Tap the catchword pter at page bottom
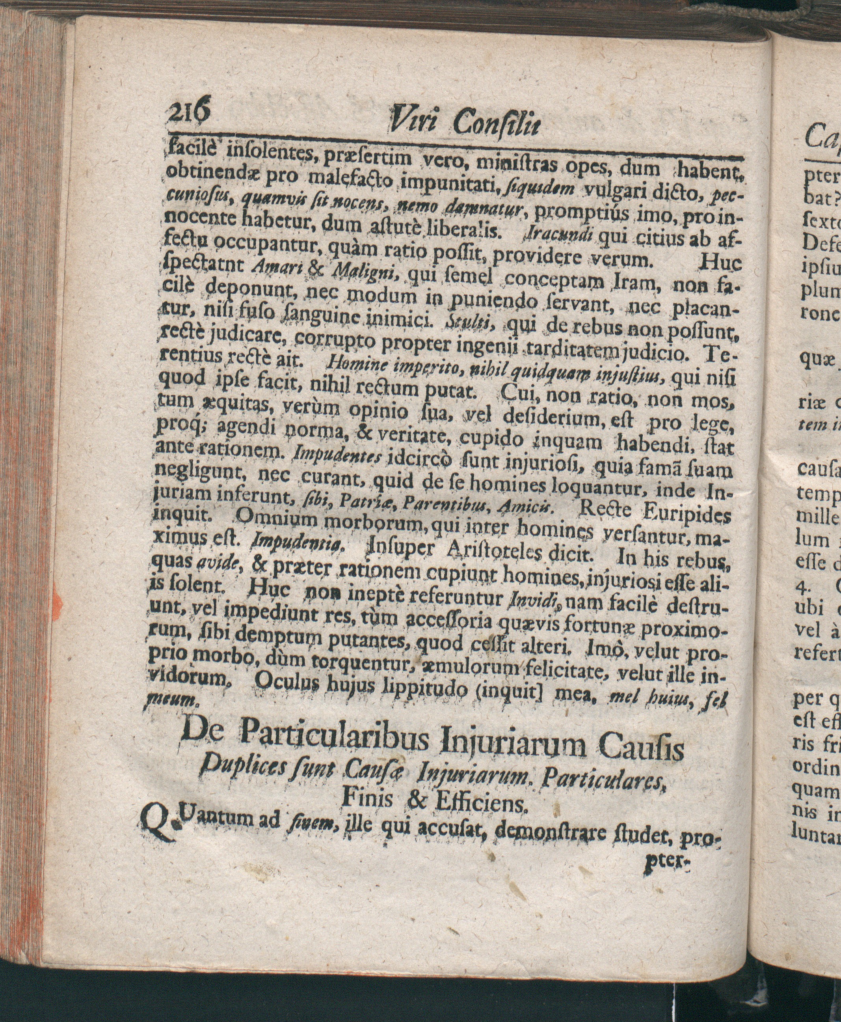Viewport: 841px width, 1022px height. pos(666,857)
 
